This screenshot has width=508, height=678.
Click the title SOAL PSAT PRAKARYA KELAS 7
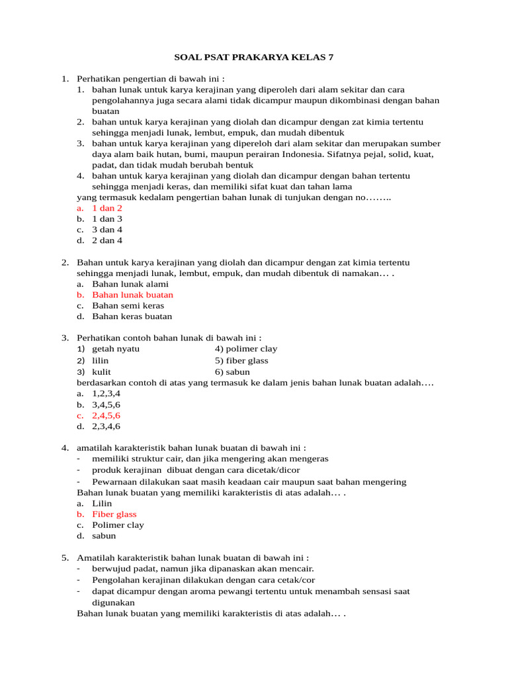pos(254,58)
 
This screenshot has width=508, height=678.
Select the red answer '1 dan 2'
pos(106,207)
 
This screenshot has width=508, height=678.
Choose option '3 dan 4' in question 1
pos(106,229)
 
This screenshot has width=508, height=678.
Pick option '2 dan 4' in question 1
pos(106,240)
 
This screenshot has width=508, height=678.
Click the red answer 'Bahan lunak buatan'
pos(132,295)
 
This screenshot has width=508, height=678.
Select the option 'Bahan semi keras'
pos(128,305)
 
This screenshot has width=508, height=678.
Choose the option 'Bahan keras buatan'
pos(132,316)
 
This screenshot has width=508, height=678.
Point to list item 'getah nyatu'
pos(116,348)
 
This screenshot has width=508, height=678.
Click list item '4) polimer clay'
pos(245,348)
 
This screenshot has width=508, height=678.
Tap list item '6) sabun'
pos(232,371)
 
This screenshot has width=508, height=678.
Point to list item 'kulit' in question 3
pos(101,371)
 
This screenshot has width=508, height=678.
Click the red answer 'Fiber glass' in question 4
pos(114,514)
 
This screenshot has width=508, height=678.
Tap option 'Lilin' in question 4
pos(102,503)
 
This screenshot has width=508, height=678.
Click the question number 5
pos(65,557)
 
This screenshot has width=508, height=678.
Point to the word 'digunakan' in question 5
pos(113,603)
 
